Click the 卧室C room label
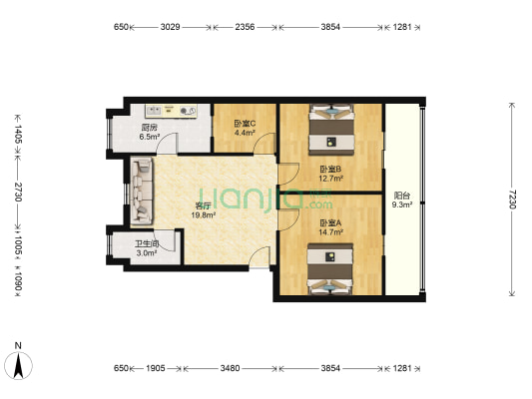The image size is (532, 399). (x=245, y=124)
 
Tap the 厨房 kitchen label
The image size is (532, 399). (x=150, y=128)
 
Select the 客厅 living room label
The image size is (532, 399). (x=204, y=205)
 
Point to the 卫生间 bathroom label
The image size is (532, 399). (x=147, y=243)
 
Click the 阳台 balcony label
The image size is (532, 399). (x=402, y=196)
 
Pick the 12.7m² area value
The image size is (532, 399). (x=330, y=178)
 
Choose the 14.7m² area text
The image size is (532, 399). (x=330, y=232)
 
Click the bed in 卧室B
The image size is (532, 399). (x=331, y=130)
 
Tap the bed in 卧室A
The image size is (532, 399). (x=330, y=268)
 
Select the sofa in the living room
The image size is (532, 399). (x=142, y=191)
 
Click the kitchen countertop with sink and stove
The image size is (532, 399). (x=171, y=111)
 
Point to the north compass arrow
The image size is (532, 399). (x=18, y=365)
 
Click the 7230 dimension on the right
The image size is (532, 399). (x=512, y=199)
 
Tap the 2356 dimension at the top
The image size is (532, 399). (x=245, y=27)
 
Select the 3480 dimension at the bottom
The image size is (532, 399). (x=230, y=368)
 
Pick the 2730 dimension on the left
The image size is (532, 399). (x=18, y=192)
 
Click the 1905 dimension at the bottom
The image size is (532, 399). (x=156, y=368)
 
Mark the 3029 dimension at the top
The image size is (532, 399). (x=170, y=27)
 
